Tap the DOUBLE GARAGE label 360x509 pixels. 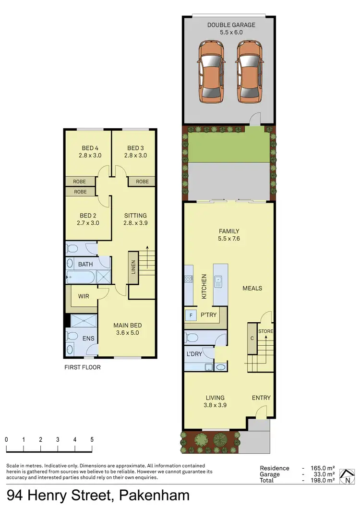click(231, 25)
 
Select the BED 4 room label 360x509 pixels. click(88, 148)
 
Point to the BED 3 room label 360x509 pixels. click(136, 148)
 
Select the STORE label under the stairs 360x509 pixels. click(265, 331)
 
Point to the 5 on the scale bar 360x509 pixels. click(92, 439)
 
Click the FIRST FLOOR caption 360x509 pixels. click(83, 367)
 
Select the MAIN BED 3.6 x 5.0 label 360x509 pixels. click(127, 329)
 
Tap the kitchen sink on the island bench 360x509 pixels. click(218, 281)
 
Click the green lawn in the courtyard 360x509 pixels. click(228, 144)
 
